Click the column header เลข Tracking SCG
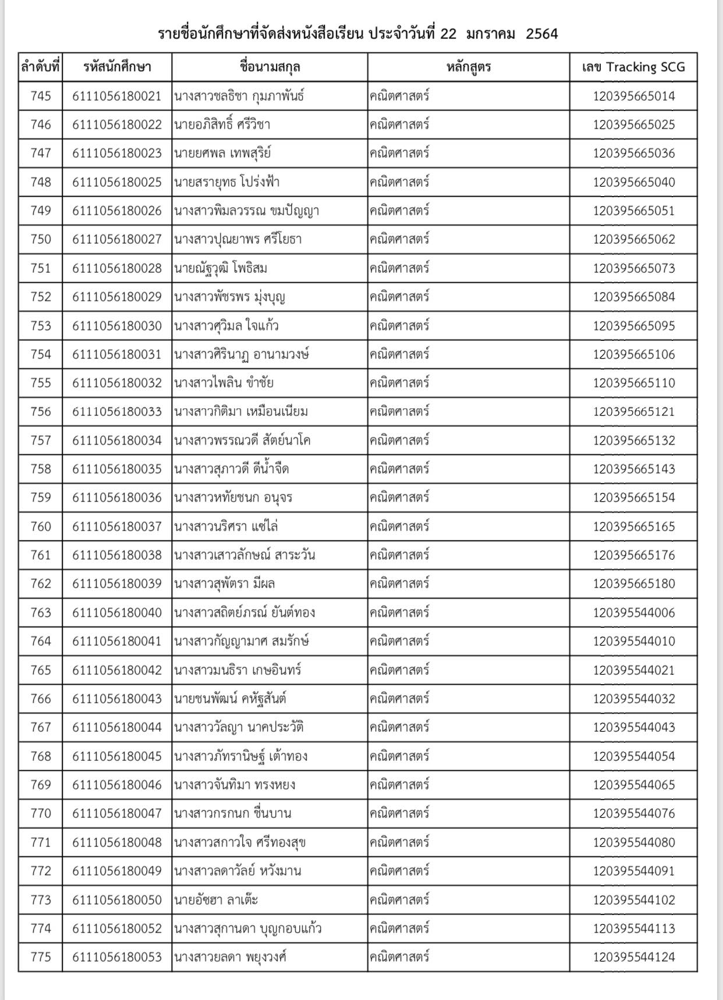(633, 67)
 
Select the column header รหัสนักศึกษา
(117, 67)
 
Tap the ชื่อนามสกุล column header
(270, 67)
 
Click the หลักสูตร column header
(469, 67)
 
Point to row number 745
(41, 96)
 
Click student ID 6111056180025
(117, 182)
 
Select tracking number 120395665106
(634, 354)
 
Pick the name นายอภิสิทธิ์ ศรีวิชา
(222, 124)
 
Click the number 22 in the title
(448, 34)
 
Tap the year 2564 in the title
(541, 34)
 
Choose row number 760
(41, 526)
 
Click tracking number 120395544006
(634, 613)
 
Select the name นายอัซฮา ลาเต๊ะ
(216, 900)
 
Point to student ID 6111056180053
(117, 957)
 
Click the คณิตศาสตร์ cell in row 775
(399, 957)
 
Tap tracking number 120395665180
(634, 583)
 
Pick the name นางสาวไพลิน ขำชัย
(224, 383)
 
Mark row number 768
(41, 756)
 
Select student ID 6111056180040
(117, 613)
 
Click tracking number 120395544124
(634, 957)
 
